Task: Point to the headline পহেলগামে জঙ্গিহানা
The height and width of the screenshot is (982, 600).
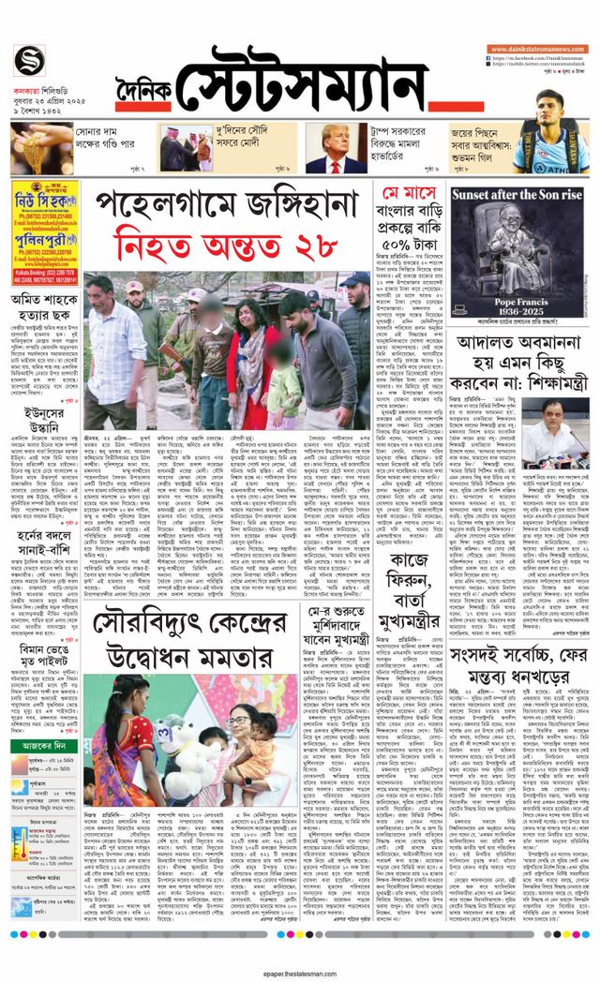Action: click(227, 202)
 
